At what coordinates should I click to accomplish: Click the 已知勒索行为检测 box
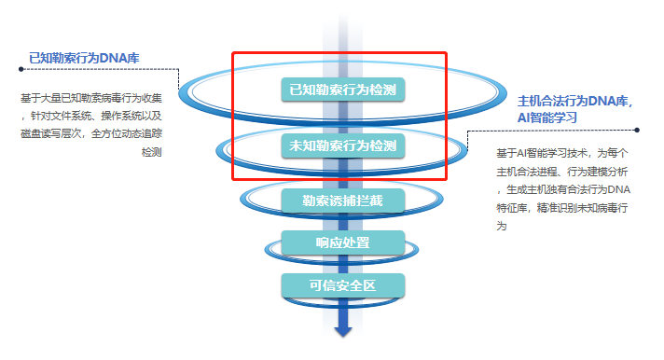click(342, 90)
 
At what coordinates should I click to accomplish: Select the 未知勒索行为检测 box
click(342, 146)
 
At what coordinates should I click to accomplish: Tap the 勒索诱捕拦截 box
click(342, 200)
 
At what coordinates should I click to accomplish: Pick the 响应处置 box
click(342, 243)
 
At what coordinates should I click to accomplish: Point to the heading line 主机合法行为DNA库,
click(574, 101)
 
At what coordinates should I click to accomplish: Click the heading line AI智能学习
click(547, 118)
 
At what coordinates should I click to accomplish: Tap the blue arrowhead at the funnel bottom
click(343, 330)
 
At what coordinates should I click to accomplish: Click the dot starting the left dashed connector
click(21, 68)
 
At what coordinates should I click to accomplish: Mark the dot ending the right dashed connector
click(637, 131)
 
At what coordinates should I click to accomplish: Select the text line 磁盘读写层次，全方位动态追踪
click(91, 133)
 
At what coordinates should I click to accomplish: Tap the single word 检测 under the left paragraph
click(151, 151)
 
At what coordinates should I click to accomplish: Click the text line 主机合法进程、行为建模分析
click(563, 172)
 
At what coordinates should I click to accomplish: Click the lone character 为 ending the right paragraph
click(502, 225)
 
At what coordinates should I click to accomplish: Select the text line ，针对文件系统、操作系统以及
click(91, 116)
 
